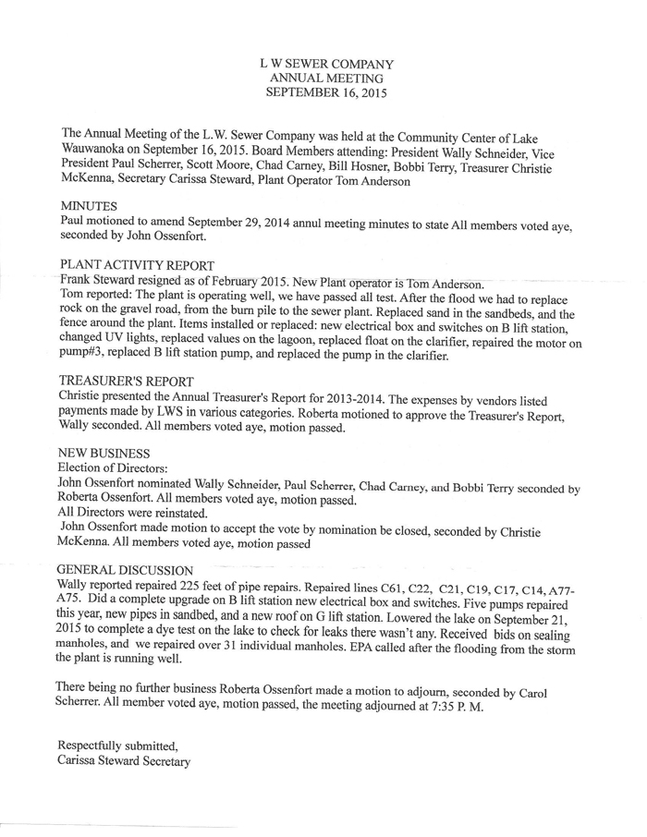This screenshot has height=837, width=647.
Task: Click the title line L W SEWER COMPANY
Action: tap(326, 64)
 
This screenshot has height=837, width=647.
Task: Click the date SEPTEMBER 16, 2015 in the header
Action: tap(326, 93)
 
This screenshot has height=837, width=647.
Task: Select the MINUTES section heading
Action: tap(90, 206)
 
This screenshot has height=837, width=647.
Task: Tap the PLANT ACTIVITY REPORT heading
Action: tap(137, 266)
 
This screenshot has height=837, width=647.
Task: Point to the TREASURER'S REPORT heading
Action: tap(126, 380)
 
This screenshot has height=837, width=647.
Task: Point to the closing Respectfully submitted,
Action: tap(116, 745)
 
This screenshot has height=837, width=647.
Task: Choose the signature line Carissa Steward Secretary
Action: tap(124, 761)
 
